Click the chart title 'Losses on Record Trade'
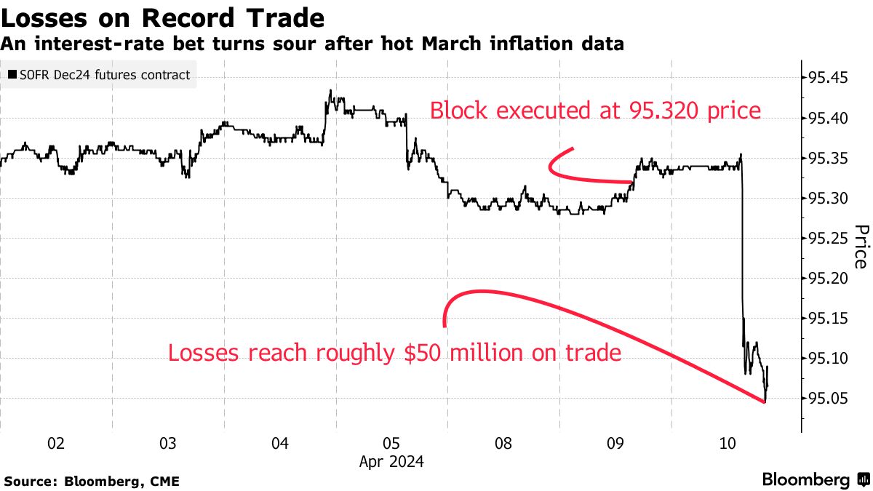[x=162, y=17]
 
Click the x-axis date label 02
[x=56, y=443]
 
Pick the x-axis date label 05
[x=391, y=443]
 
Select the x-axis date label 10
[x=727, y=443]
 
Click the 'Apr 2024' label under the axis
[x=391, y=461]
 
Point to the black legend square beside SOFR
[x=12, y=75]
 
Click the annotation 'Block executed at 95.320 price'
[x=595, y=111]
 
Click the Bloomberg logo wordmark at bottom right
[x=806, y=480]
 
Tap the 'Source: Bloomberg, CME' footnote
[x=92, y=481]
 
